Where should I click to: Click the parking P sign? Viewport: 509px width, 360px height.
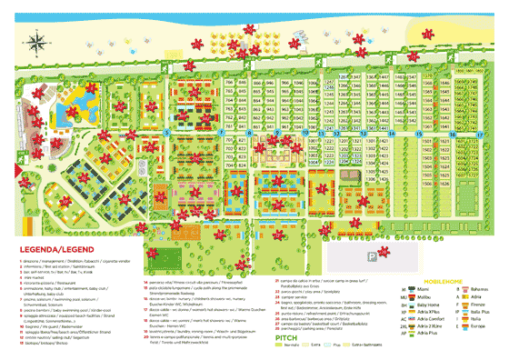[x=372, y=257]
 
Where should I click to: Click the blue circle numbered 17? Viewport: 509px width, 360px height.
[x=479, y=133]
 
